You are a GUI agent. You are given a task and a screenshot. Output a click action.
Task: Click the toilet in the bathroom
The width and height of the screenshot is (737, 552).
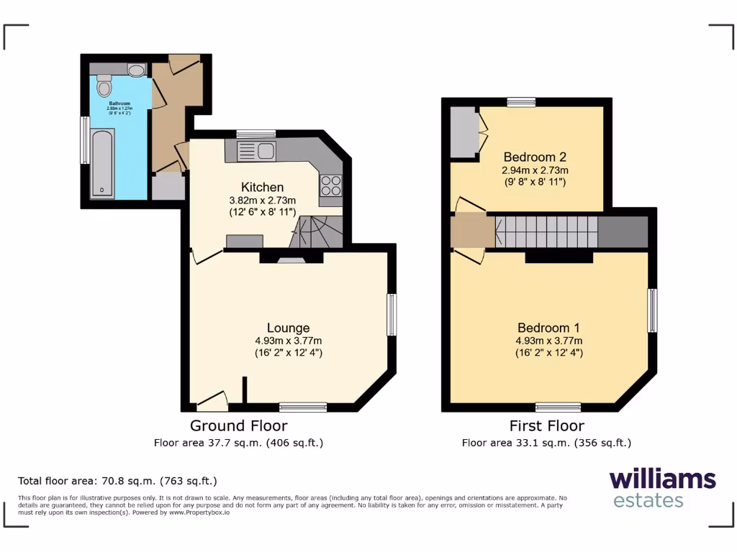click(104, 86)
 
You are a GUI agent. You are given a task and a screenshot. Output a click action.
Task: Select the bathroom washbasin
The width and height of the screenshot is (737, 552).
click(136, 70)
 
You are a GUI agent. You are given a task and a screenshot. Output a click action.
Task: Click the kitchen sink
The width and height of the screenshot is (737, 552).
click(256, 151)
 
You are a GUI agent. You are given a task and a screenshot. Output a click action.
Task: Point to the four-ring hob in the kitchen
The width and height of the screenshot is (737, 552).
click(331, 185)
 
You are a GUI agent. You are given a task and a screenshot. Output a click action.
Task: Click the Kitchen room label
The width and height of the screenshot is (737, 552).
click(262, 188)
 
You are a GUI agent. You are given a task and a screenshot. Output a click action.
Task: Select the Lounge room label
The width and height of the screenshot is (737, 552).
click(288, 328)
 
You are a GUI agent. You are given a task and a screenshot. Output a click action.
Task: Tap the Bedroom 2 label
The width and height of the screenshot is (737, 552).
click(535, 157)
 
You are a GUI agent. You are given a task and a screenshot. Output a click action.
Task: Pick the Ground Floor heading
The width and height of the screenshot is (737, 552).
click(238, 425)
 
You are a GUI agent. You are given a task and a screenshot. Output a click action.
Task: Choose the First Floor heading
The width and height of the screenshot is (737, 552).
click(546, 425)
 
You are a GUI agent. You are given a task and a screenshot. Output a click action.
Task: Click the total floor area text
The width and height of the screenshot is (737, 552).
click(117, 481)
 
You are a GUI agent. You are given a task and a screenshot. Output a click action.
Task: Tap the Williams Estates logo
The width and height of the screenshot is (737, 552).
click(662, 489)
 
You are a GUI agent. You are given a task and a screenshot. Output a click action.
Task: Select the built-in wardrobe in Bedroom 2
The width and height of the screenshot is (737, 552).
click(465, 132)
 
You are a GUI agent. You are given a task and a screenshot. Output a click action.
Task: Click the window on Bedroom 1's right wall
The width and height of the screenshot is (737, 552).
click(652, 310)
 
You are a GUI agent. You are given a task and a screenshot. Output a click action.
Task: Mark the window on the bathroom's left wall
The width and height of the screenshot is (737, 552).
click(85, 139)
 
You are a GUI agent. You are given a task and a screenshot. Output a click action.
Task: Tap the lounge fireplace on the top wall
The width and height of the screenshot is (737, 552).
click(291, 259)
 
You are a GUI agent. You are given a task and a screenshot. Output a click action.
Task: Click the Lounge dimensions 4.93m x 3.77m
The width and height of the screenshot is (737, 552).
click(288, 341)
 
